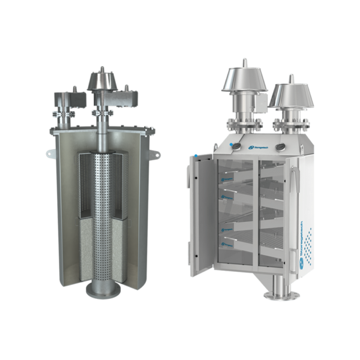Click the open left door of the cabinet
pyautogui.click(x=200, y=213)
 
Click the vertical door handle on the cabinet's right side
pyautogui.click(x=294, y=180)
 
